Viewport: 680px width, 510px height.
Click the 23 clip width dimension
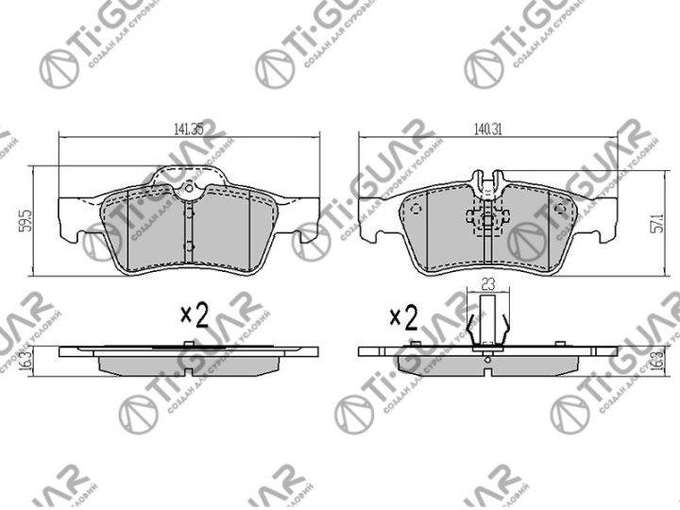[488, 282]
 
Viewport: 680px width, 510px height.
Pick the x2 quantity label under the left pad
[193, 315]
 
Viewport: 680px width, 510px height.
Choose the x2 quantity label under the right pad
[403, 317]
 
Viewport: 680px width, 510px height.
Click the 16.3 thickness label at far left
[25, 359]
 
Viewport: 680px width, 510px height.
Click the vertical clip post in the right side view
[488, 321]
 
